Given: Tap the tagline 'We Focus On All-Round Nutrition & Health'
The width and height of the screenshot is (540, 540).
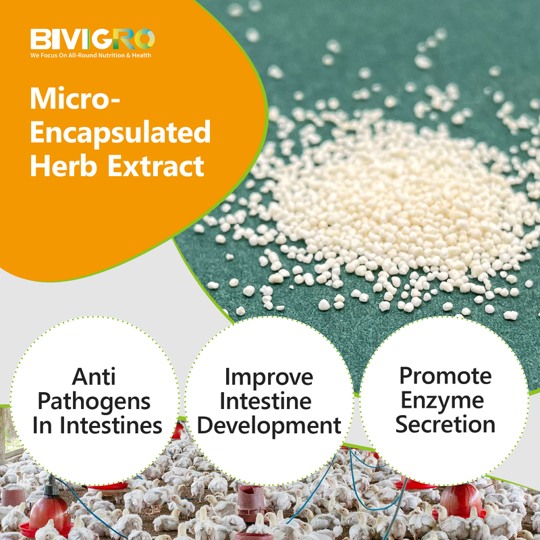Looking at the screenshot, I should pos(90,55).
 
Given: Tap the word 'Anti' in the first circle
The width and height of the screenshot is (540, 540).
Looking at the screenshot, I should pos(94,376).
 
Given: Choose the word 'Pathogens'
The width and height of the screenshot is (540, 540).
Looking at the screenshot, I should pos(94,401).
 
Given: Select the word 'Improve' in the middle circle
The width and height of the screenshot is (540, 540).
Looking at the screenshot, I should pos(269,376).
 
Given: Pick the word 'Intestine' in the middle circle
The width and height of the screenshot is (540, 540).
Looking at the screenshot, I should pos(269,401).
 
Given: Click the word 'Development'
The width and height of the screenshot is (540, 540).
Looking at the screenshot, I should pos(269,425).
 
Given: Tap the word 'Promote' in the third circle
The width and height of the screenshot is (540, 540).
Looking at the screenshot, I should pos(446,375).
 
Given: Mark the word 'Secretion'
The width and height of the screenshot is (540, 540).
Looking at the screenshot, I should pos(446,425).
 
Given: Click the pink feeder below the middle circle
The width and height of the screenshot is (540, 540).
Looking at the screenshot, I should pos(251,503).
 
